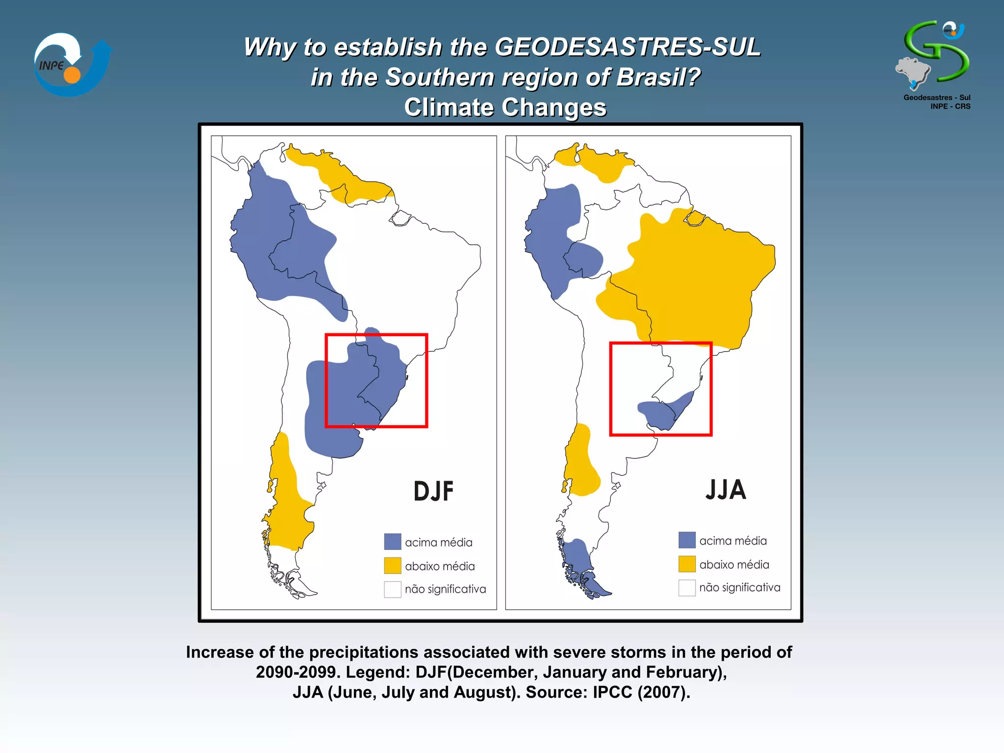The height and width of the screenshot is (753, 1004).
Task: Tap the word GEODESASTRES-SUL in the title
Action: (x=627, y=48)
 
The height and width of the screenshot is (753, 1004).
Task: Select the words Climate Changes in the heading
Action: (x=505, y=107)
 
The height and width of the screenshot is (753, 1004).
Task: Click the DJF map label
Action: (x=433, y=491)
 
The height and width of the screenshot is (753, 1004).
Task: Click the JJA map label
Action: (x=726, y=490)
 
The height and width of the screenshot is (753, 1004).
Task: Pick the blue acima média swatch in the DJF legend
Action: (x=393, y=542)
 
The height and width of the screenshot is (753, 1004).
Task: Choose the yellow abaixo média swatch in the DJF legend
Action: (x=393, y=565)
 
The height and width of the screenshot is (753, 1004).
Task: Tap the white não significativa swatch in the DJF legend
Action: (x=393, y=589)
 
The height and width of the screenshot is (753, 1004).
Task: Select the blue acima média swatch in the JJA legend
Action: (x=687, y=540)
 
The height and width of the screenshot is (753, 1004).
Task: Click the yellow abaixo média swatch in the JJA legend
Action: (x=687, y=564)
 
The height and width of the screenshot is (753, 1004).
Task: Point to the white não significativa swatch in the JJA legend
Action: (x=687, y=587)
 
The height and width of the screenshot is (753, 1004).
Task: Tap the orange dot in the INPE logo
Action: (x=72, y=75)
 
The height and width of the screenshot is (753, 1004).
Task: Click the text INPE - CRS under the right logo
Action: (x=950, y=106)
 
